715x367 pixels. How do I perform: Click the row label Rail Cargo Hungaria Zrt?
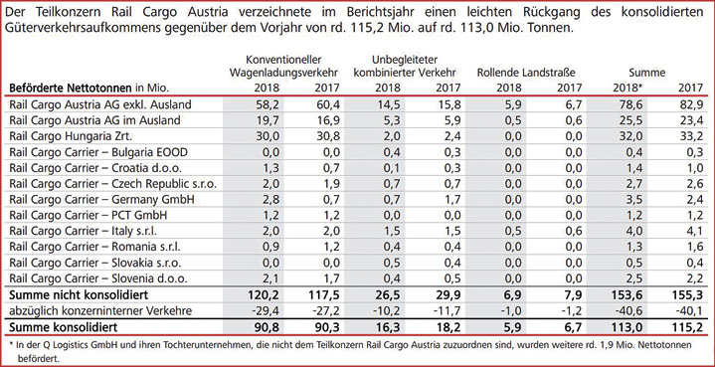[61, 137]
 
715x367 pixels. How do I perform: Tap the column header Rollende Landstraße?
[526, 72]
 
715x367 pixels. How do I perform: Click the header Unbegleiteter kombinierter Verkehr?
[406, 66]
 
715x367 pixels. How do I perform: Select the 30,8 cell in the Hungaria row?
[329, 137]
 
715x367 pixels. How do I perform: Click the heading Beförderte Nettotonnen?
[71, 88]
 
